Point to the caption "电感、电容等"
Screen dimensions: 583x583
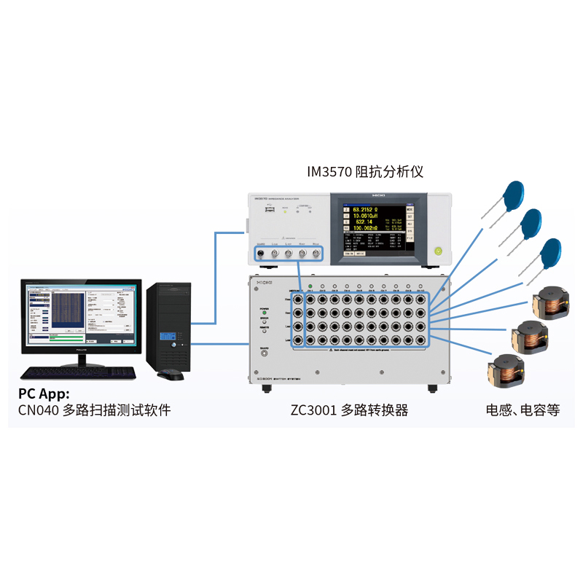tap(523, 410)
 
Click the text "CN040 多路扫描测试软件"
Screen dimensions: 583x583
tap(94, 410)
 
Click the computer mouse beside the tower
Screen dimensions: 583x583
tap(171, 374)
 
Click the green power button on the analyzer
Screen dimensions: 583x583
tap(438, 251)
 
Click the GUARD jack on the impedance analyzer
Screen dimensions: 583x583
tap(259, 254)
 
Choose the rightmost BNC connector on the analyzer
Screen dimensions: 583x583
tap(316, 254)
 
